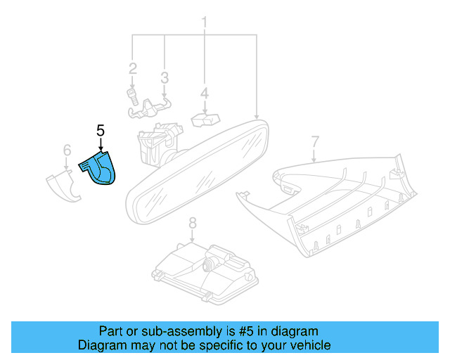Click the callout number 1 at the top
(205, 22)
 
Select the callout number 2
(132, 69)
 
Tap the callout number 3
(165, 77)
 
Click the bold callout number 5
(100, 130)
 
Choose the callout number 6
(67, 150)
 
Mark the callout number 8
(192, 224)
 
